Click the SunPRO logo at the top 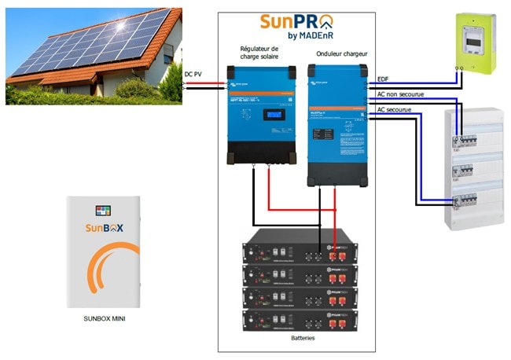point(295,24)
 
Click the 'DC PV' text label point(194,75)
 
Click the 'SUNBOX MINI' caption point(107,320)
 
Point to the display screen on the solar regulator point(273,115)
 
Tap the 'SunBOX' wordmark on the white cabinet point(105,229)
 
